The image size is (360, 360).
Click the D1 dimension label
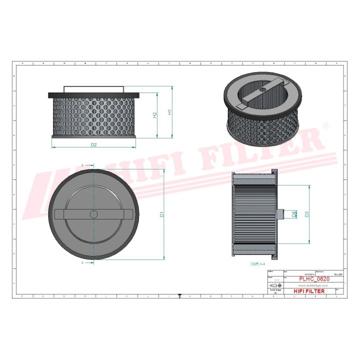click(x=162, y=214)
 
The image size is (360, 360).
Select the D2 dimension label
click(x=93, y=145)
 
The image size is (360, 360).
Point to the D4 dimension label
click(x=293, y=214)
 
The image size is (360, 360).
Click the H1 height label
click(x=169, y=112)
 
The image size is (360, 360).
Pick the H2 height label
click(x=155, y=115)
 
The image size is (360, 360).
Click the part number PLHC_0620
click(x=313, y=279)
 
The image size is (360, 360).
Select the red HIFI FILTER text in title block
click(x=308, y=291)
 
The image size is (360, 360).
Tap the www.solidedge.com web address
click(x=313, y=285)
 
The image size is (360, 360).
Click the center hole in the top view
click(x=93, y=214)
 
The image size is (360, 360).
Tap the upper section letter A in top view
click(x=82, y=164)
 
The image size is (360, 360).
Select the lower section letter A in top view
click(x=82, y=261)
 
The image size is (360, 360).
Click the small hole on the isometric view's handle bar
click(x=261, y=90)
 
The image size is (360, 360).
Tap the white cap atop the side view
click(x=93, y=89)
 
